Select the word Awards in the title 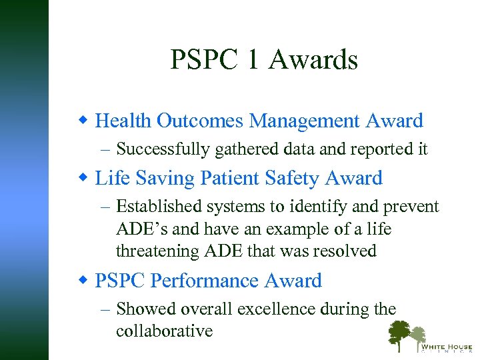[314, 60]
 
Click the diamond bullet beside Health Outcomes [83, 121]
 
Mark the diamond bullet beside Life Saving [83, 178]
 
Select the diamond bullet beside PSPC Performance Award [83, 281]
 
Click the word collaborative [164, 331]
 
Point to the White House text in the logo [445, 347]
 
